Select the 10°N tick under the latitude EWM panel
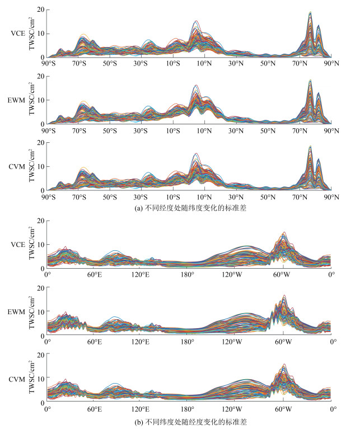coord(204,131)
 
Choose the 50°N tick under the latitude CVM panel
coord(268,198)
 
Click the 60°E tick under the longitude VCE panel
coord(93,276)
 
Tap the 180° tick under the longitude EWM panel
coord(188,342)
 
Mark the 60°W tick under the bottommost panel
coord(283,409)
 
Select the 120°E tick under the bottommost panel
coord(141,409)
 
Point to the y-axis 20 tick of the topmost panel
coord(41,10)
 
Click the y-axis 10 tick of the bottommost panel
coord(41,379)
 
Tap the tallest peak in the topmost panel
coord(310,12)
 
